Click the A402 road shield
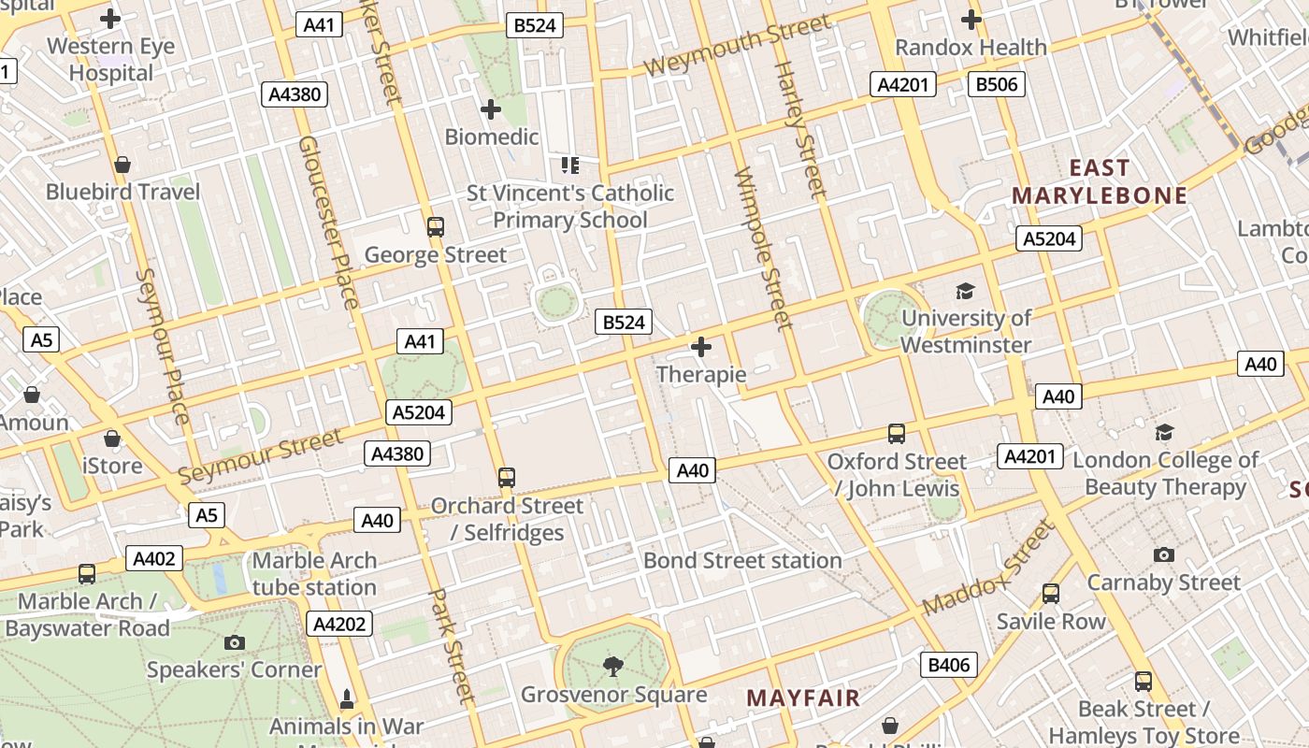pyautogui.click(x=154, y=559)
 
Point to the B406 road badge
pyautogui.click(x=950, y=665)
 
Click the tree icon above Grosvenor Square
pyautogui.click(x=613, y=666)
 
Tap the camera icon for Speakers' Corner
pyautogui.click(x=235, y=642)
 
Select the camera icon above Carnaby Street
pyautogui.click(x=1163, y=554)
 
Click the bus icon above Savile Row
pyautogui.click(x=1051, y=594)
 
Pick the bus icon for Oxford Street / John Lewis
pyautogui.click(x=896, y=434)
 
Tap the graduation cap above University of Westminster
pyautogui.click(x=965, y=292)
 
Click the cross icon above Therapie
pyautogui.click(x=701, y=348)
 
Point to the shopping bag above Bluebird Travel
pyautogui.click(x=122, y=165)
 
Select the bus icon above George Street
pyautogui.click(x=435, y=226)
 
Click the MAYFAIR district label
pyautogui.click(x=803, y=698)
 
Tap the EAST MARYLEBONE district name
pyautogui.click(x=1100, y=181)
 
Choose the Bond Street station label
pyautogui.click(x=742, y=560)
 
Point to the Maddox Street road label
pyautogui.click(x=989, y=568)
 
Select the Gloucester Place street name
pyautogui.click(x=328, y=222)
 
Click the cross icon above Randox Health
pyautogui.click(x=971, y=19)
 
